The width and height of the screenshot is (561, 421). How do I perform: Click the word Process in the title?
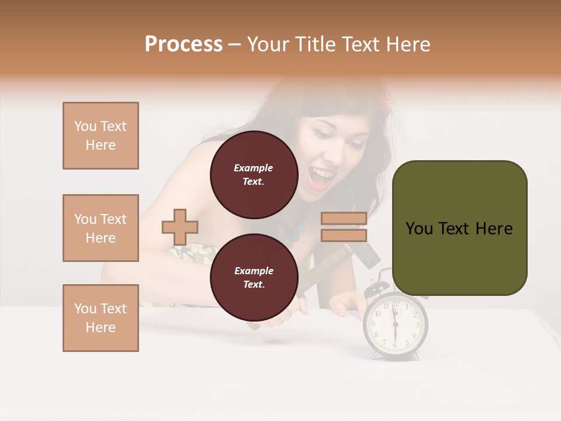[x=183, y=44]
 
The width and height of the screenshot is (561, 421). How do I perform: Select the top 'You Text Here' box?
[x=101, y=136]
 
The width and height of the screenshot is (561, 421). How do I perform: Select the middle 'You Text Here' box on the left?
[x=101, y=228]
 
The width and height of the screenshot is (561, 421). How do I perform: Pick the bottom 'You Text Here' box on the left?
[x=101, y=318]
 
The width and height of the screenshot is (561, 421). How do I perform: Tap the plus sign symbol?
[x=180, y=227]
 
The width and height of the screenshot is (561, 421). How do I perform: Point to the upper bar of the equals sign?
[x=344, y=218]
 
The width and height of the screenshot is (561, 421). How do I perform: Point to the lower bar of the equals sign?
[x=344, y=235]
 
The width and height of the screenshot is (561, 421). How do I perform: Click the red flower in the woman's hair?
[x=386, y=104]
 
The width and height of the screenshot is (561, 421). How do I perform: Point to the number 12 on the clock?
[x=396, y=303]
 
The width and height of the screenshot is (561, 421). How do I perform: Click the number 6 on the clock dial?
[x=395, y=345]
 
